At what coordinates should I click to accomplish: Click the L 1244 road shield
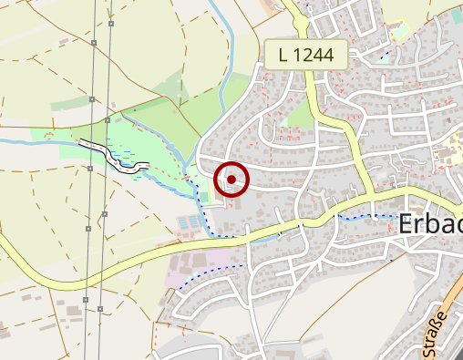click(x=306, y=55)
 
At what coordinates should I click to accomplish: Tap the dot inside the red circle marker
click(x=231, y=180)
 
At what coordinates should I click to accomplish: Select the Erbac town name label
click(x=430, y=224)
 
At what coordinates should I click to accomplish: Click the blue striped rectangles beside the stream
click(x=189, y=222)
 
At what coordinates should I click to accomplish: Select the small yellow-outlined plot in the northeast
click(x=399, y=32)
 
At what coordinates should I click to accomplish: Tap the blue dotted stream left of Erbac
click(x=365, y=217)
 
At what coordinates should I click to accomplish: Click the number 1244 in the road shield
click(x=314, y=55)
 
